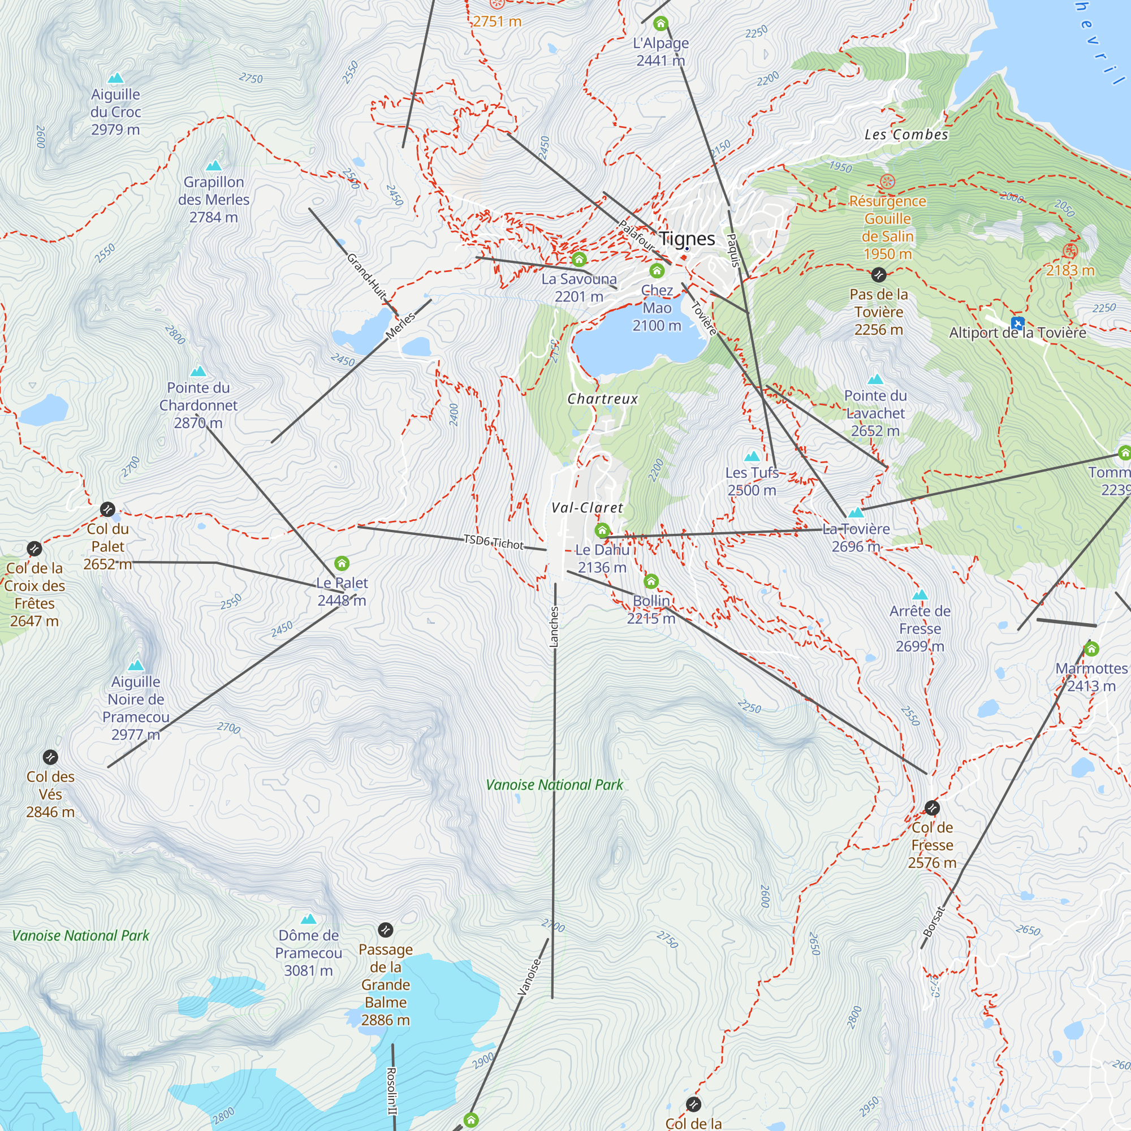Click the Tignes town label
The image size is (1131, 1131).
pyautogui.click(x=687, y=239)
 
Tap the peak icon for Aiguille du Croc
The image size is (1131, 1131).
pyautogui.click(x=116, y=78)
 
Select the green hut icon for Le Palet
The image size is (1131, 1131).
pyautogui.click(x=342, y=563)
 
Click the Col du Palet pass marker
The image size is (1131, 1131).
pyautogui.click(x=107, y=510)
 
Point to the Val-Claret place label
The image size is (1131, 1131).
pyautogui.click(x=587, y=508)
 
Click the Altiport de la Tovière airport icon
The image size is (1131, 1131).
pyautogui.click(x=1017, y=323)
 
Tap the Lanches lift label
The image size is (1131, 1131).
pyautogui.click(x=554, y=627)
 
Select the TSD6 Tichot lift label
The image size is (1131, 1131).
pyautogui.click(x=494, y=542)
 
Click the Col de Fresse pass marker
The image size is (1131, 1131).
pyautogui.click(x=932, y=808)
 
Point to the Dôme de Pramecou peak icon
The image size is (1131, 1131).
pyautogui.click(x=308, y=919)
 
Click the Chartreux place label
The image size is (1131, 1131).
pyautogui.click(x=602, y=399)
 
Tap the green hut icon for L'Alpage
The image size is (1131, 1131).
pyautogui.click(x=661, y=24)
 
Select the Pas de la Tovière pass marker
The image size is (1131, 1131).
pyautogui.click(x=878, y=275)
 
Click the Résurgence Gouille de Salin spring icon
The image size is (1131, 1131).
pyautogui.click(x=887, y=182)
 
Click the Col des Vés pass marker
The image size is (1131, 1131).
pyautogui.click(x=50, y=757)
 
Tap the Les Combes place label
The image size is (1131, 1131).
pyautogui.click(x=906, y=135)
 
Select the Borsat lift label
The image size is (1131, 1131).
pyautogui.click(x=934, y=921)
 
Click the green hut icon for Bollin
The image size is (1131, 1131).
pyautogui.click(x=651, y=581)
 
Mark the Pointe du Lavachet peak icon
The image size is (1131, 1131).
pyautogui.click(x=875, y=379)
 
